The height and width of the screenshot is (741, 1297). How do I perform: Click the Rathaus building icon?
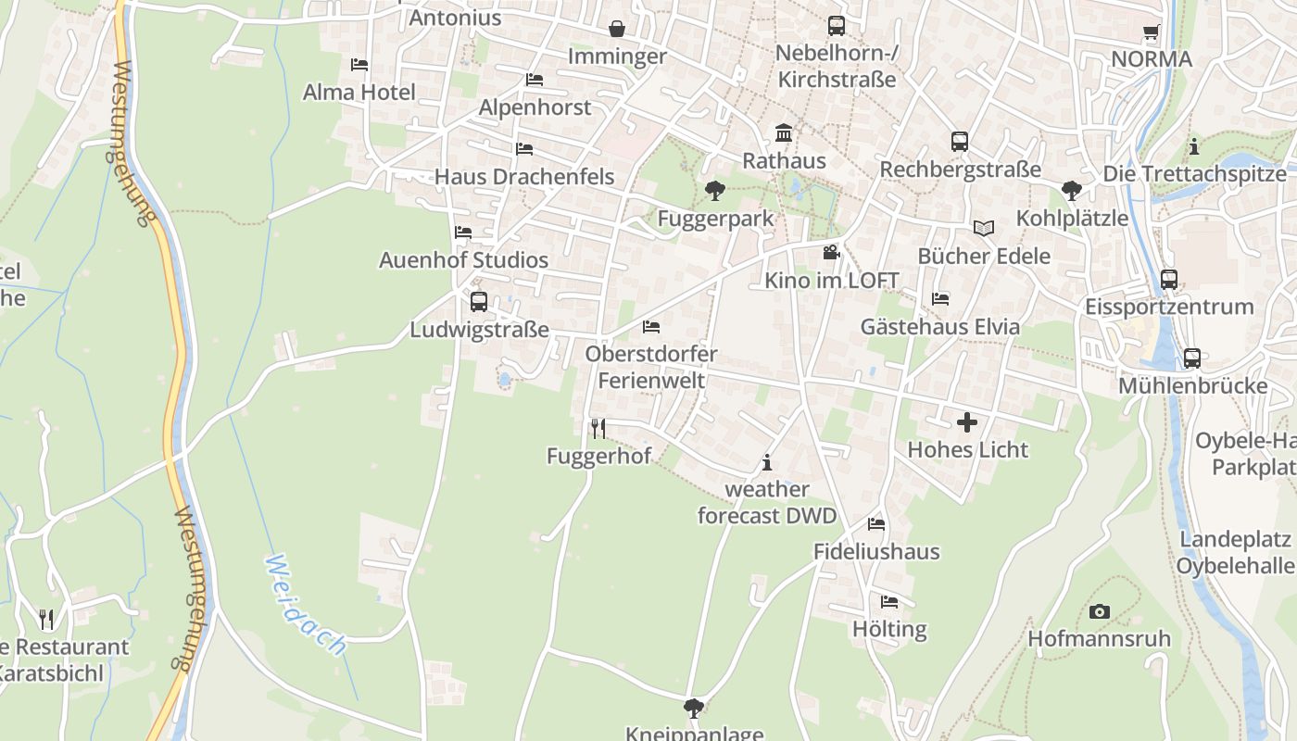[x=784, y=133]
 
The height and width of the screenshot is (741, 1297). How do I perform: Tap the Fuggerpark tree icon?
[x=714, y=192]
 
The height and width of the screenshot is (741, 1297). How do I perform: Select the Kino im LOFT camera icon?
[x=831, y=252]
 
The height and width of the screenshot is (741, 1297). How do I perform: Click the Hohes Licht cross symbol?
[x=967, y=422]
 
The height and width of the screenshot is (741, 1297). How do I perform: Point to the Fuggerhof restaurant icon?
[x=598, y=428]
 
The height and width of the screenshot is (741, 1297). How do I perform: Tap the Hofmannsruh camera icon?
[x=1100, y=611]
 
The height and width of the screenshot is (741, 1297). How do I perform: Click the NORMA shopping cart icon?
[x=1152, y=32]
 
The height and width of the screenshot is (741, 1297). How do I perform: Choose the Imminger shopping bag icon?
[x=617, y=30]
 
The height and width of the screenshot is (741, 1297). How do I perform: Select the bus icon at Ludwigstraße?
[x=479, y=302]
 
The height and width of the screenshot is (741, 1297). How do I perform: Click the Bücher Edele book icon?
[x=983, y=228]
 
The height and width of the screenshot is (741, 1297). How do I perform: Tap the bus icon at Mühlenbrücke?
[x=1192, y=358]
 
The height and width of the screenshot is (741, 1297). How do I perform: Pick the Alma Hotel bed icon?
[x=359, y=65]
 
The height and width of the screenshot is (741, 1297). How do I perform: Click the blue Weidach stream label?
[x=306, y=606]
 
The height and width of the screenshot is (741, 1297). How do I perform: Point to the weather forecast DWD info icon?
[x=766, y=462]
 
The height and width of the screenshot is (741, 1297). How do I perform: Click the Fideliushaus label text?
[x=876, y=552]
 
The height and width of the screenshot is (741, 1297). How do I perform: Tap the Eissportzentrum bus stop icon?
[x=1169, y=279]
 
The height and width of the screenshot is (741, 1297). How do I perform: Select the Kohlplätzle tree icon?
[x=1072, y=191]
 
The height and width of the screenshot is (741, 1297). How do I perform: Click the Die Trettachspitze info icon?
[x=1194, y=146]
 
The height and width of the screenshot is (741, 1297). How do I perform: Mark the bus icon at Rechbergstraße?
[x=960, y=142]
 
